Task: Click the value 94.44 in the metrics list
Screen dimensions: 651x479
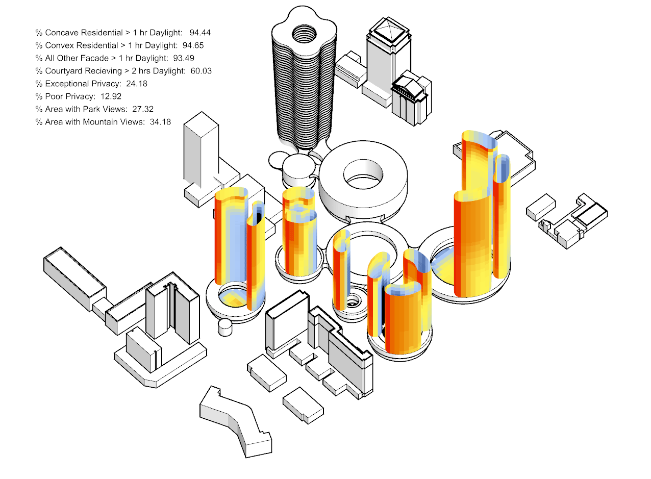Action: [x=200, y=33]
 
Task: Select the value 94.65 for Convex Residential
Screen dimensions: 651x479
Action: [x=193, y=45]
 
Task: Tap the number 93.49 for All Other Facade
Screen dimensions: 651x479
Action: [x=184, y=58]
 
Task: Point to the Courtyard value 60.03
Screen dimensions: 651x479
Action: [x=201, y=71]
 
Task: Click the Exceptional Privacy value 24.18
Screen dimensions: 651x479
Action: [x=137, y=84]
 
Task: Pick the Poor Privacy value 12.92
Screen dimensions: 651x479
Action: [x=111, y=96]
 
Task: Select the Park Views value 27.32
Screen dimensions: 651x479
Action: [x=143, y=109]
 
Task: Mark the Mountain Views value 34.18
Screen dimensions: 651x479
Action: [x=160, y=122]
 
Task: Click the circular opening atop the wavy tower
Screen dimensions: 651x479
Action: [x=304, y=34]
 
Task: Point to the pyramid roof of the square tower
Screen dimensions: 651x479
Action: [x=389, y=31]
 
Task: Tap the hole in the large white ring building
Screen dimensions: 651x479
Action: [x=363, y=174]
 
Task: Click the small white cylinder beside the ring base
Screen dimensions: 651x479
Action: [x=225, y=327]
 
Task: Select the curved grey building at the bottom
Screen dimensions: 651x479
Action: [x=236, y=422]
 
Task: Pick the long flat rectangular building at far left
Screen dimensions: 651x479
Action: [x=74, y=280]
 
